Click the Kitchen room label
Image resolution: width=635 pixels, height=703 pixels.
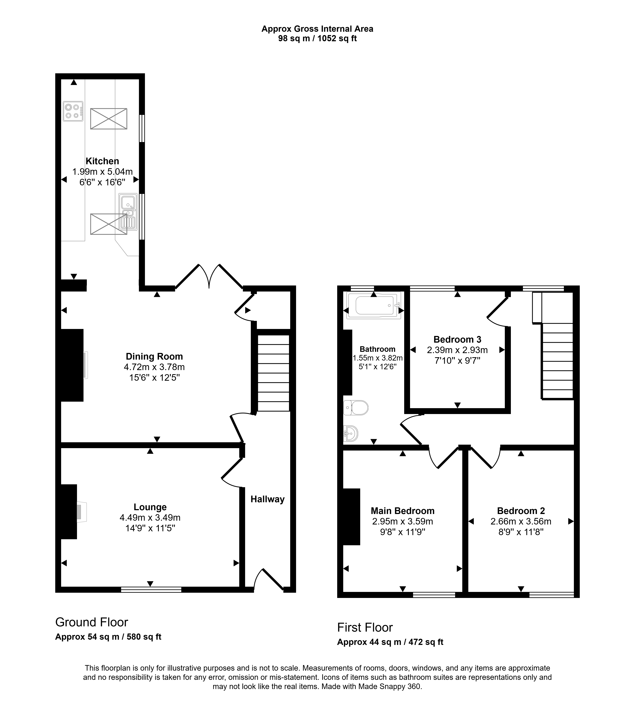102,161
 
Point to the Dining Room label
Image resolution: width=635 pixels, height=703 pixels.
154,356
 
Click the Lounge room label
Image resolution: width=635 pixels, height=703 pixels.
150,507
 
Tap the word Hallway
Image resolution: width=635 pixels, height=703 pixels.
268,499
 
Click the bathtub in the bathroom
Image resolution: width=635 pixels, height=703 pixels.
374,305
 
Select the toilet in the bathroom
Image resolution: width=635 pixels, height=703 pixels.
356,407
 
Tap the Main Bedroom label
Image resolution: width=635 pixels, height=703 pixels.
403,511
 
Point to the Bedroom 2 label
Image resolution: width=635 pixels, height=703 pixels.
521,511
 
